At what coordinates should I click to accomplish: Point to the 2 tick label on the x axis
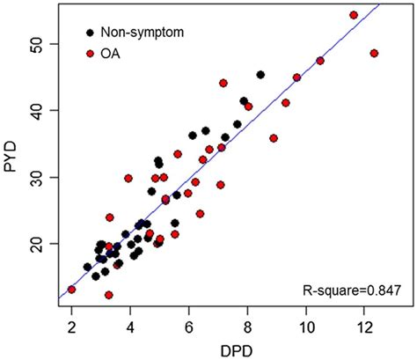tap(71, 327)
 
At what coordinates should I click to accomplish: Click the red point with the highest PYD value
tap(354, 15)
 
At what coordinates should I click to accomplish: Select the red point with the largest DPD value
tap(374, 53)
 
